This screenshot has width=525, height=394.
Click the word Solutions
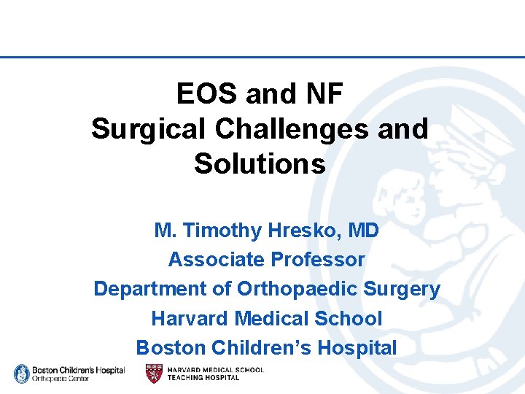point(260,163)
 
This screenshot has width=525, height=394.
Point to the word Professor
point(318,260)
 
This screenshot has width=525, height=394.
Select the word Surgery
point(403,289)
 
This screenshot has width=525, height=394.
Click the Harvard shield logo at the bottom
point(154,374)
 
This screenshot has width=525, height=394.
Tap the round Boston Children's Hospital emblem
point(22,374)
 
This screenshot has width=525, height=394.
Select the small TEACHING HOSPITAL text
point(203,378)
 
